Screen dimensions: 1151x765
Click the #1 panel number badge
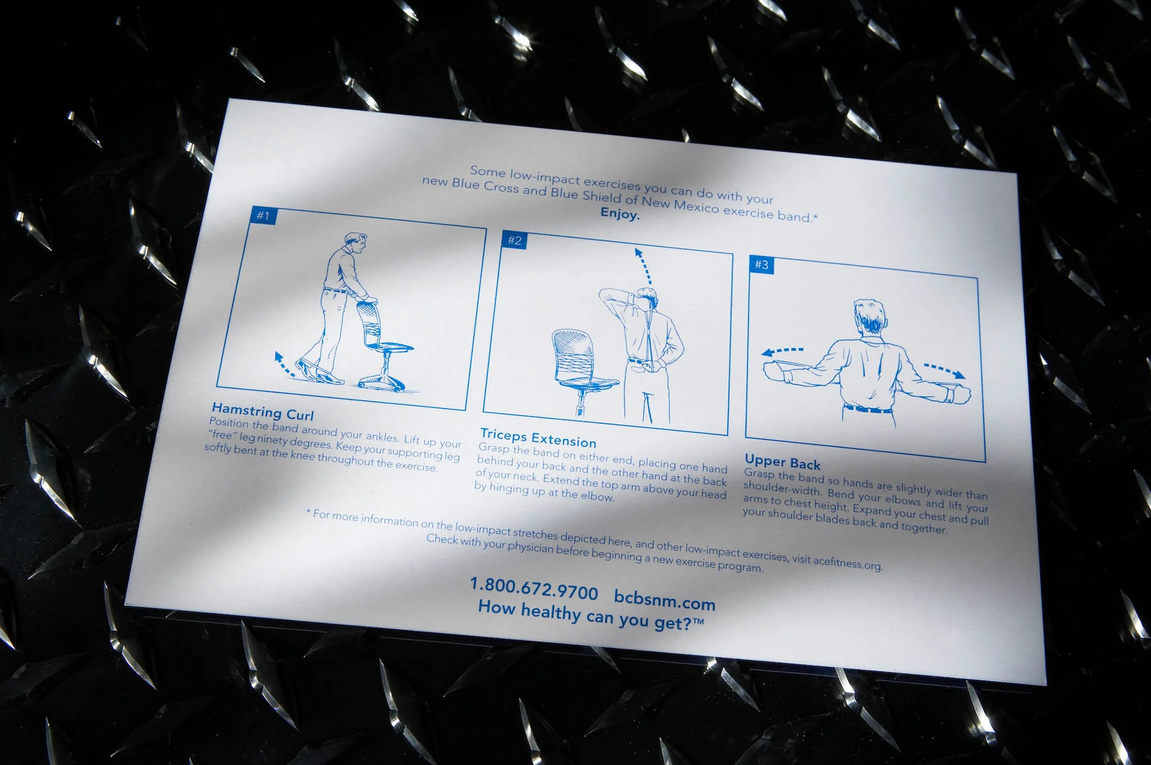coord(264,215)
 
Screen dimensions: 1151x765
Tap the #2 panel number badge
coord(514,240)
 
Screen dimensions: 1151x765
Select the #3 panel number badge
coord(762,264)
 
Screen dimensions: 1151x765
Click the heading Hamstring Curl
coord(262,411)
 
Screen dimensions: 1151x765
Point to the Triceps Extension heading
coord(538,438)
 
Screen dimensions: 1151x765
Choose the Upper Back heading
coord(782,462)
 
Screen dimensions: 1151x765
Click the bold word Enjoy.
coord(620,213)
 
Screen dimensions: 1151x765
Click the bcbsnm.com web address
coord(664,599)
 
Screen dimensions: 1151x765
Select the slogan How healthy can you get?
coord(591,614)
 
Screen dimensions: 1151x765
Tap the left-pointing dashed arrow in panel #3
coord(782,352)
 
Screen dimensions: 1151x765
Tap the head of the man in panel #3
coord(869,318)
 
